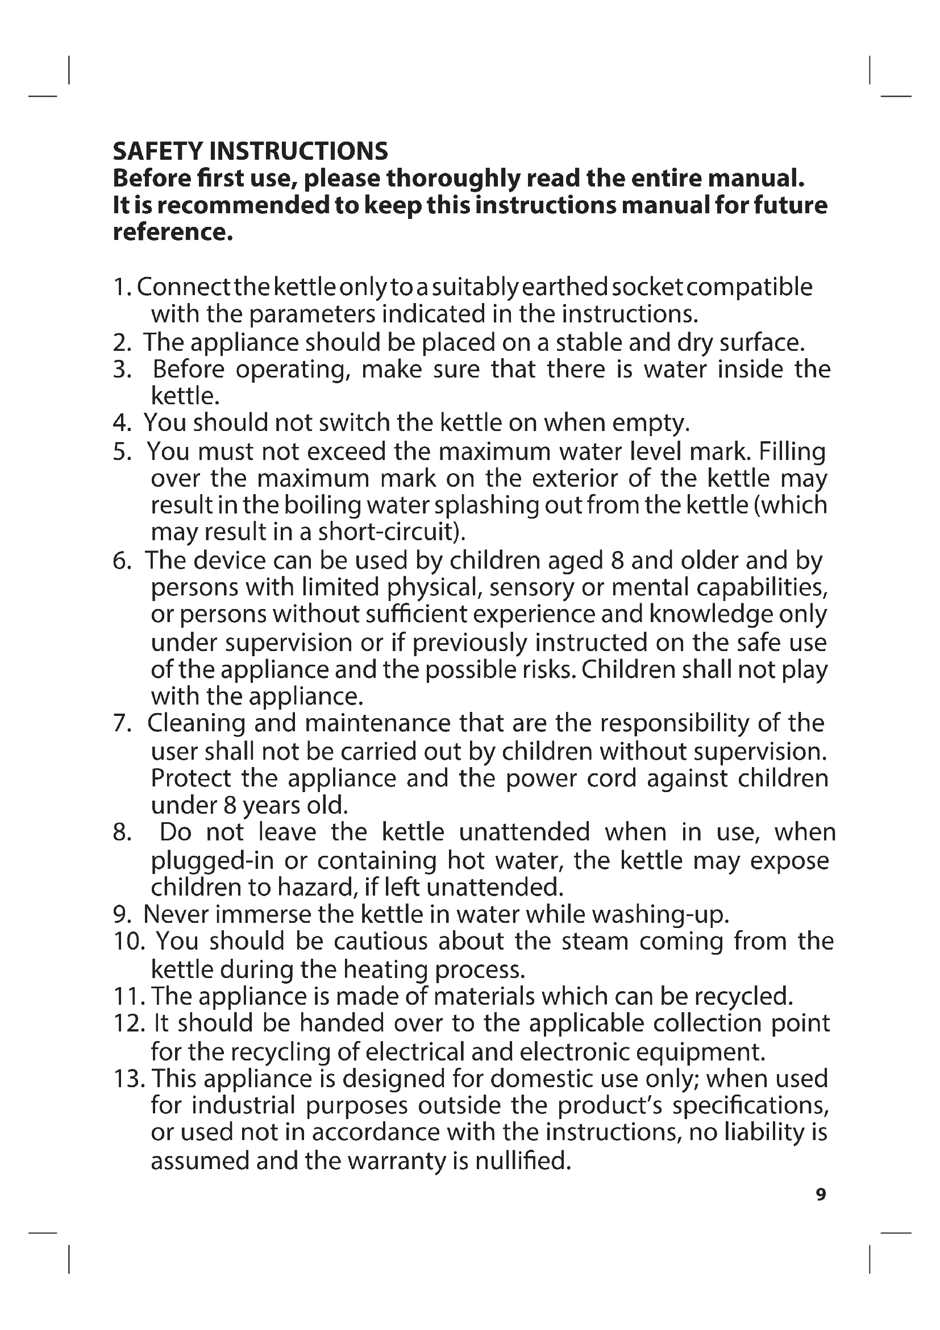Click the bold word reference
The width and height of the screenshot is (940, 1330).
pyautogui.click(x=173, y=233)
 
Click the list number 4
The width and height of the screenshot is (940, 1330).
pyautogui.click(x=122, y=423)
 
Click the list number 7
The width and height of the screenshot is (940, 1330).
pyautogui.click(x=122, y=723)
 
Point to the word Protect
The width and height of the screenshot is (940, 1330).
pyautogui.click(x=191, y=778)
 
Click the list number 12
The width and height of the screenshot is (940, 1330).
pyautogui.click(x=128, y=1024)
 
